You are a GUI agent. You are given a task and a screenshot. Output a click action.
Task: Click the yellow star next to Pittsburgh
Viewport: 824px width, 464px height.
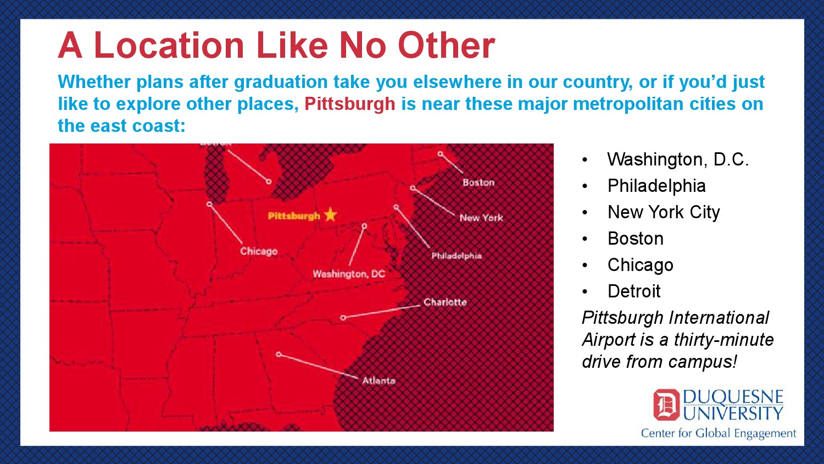pos(330,214)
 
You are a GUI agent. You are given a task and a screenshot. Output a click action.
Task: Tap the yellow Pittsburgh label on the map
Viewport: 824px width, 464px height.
pos(294,216)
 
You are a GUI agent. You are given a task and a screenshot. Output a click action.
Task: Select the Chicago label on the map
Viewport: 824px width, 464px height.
pos(259,252)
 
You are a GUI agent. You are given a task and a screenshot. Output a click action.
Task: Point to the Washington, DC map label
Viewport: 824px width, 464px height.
pos(349,274)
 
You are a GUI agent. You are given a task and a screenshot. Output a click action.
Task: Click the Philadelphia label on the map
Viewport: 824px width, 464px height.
pos(456,256)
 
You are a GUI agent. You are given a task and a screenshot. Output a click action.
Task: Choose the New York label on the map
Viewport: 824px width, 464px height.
pos(481,218)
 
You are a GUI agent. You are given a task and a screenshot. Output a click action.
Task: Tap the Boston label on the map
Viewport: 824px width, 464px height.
pos(478,183)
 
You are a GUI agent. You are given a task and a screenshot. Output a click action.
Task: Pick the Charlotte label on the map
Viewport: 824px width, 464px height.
pos(445,302)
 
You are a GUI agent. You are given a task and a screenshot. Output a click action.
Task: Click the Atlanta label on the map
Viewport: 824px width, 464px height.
pos(379,381)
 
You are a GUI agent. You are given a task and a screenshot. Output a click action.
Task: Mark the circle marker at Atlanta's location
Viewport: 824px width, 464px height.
pos(279,354)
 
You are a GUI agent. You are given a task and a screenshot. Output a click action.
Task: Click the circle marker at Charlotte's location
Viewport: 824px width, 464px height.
pos(343,317)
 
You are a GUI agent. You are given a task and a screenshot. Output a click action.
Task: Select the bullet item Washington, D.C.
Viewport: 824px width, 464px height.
pos(678,159)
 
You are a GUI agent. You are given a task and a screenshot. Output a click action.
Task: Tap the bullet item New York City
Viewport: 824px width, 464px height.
pos(664,212)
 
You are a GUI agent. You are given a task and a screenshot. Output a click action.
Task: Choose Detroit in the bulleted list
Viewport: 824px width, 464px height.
pos(634,291)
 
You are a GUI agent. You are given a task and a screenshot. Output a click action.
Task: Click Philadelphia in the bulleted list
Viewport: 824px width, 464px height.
pos(656,186)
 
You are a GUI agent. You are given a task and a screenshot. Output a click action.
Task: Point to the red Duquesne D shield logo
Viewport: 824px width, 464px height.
pos(666,405)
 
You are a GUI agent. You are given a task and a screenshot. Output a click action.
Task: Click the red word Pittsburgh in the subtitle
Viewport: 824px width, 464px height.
pos(350,104)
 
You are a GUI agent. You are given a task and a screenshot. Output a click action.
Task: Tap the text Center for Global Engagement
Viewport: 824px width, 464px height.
pos(719,433)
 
